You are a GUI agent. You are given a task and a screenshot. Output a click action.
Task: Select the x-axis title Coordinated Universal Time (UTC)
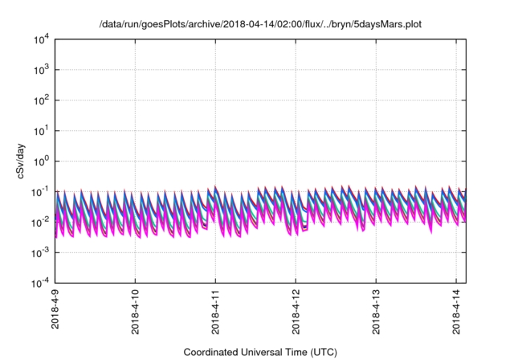[x=259, y=352]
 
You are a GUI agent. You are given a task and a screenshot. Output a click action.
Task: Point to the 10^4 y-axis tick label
[x=40, y=39]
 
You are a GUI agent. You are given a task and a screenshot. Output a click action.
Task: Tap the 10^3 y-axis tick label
[x=40, y=70]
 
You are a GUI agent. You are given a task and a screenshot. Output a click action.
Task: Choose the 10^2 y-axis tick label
[x=40, y=100]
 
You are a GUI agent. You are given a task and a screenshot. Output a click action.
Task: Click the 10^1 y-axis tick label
[x=40, y=130]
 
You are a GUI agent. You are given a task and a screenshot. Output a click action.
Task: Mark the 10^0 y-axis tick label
[x=40, y=161]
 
